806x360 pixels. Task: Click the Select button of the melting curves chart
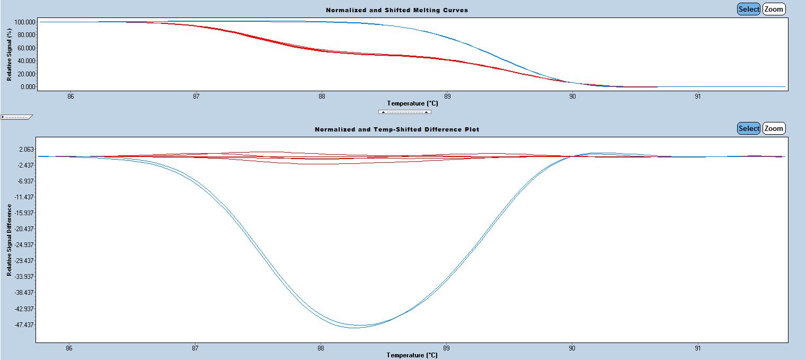tap(749, 9)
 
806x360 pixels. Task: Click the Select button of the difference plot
tap(749, 128)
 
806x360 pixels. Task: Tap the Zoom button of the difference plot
tap(774, 128)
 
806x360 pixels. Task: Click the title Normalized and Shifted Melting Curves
tap(396, 10)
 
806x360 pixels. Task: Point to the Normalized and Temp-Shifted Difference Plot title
tap(396, 129)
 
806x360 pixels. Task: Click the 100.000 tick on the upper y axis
tap(25, 22)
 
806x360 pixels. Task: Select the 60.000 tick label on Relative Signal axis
tap(25, 48)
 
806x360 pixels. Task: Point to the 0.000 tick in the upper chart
tap(27, 86)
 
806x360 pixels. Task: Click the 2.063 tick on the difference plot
tap(26, 150)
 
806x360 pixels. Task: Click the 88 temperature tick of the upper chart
tap(322, 96)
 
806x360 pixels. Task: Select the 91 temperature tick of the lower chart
tap(697, 348)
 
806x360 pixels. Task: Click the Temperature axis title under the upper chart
tap(412, 103)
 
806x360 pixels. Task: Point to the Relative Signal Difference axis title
tap(10, 240)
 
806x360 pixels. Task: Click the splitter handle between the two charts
tap(404, 112)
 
